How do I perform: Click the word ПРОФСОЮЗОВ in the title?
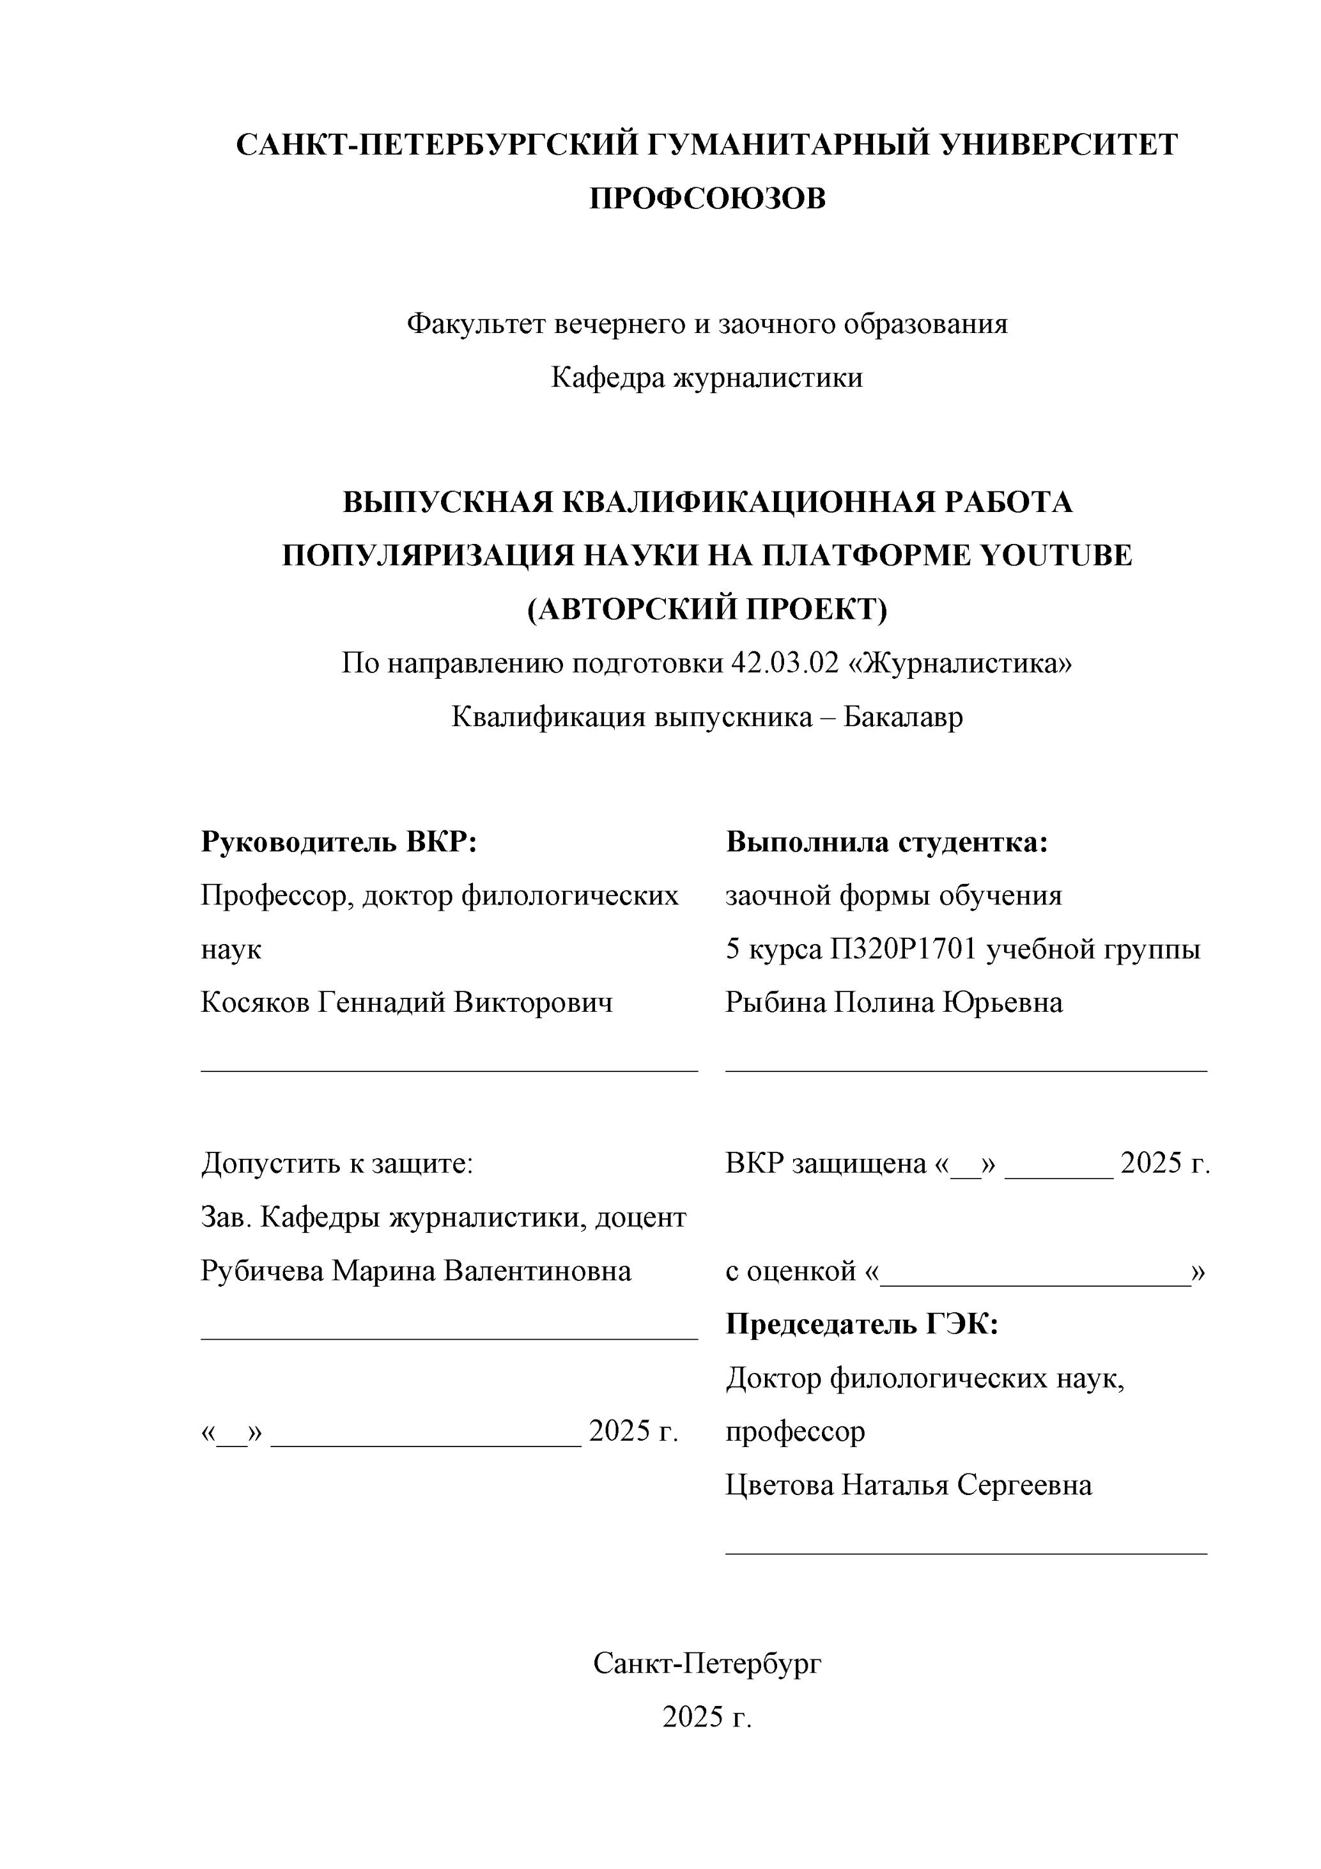click(707, 199)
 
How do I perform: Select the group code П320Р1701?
click(904, 949)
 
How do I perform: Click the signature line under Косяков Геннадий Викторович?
click(449, 1071)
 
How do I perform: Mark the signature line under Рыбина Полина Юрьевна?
click(966, 1071)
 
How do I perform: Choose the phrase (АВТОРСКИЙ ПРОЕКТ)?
click(707, 610)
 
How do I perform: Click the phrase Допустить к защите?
click(337, 1163)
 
